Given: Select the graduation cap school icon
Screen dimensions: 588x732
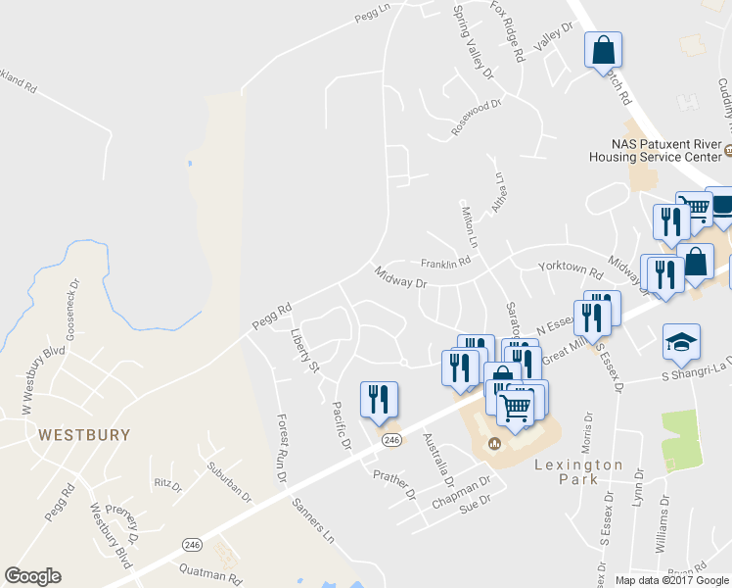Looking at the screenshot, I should tap(681, 343).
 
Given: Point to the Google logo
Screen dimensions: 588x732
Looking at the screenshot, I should tap(32, 576).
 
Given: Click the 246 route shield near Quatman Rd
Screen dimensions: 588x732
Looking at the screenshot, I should tap(191, 543).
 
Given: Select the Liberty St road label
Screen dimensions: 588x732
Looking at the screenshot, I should tap(304, 351).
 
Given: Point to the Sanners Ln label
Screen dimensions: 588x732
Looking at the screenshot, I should tap(312, 520).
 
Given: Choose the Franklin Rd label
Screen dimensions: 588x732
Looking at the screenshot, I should tap(445, 263).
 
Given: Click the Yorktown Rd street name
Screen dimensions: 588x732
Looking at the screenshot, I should tap(569, 268).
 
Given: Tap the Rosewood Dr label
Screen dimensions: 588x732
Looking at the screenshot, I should tap(476, 117).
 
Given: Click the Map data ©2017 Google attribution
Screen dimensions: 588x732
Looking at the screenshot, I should tap(670, 579).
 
